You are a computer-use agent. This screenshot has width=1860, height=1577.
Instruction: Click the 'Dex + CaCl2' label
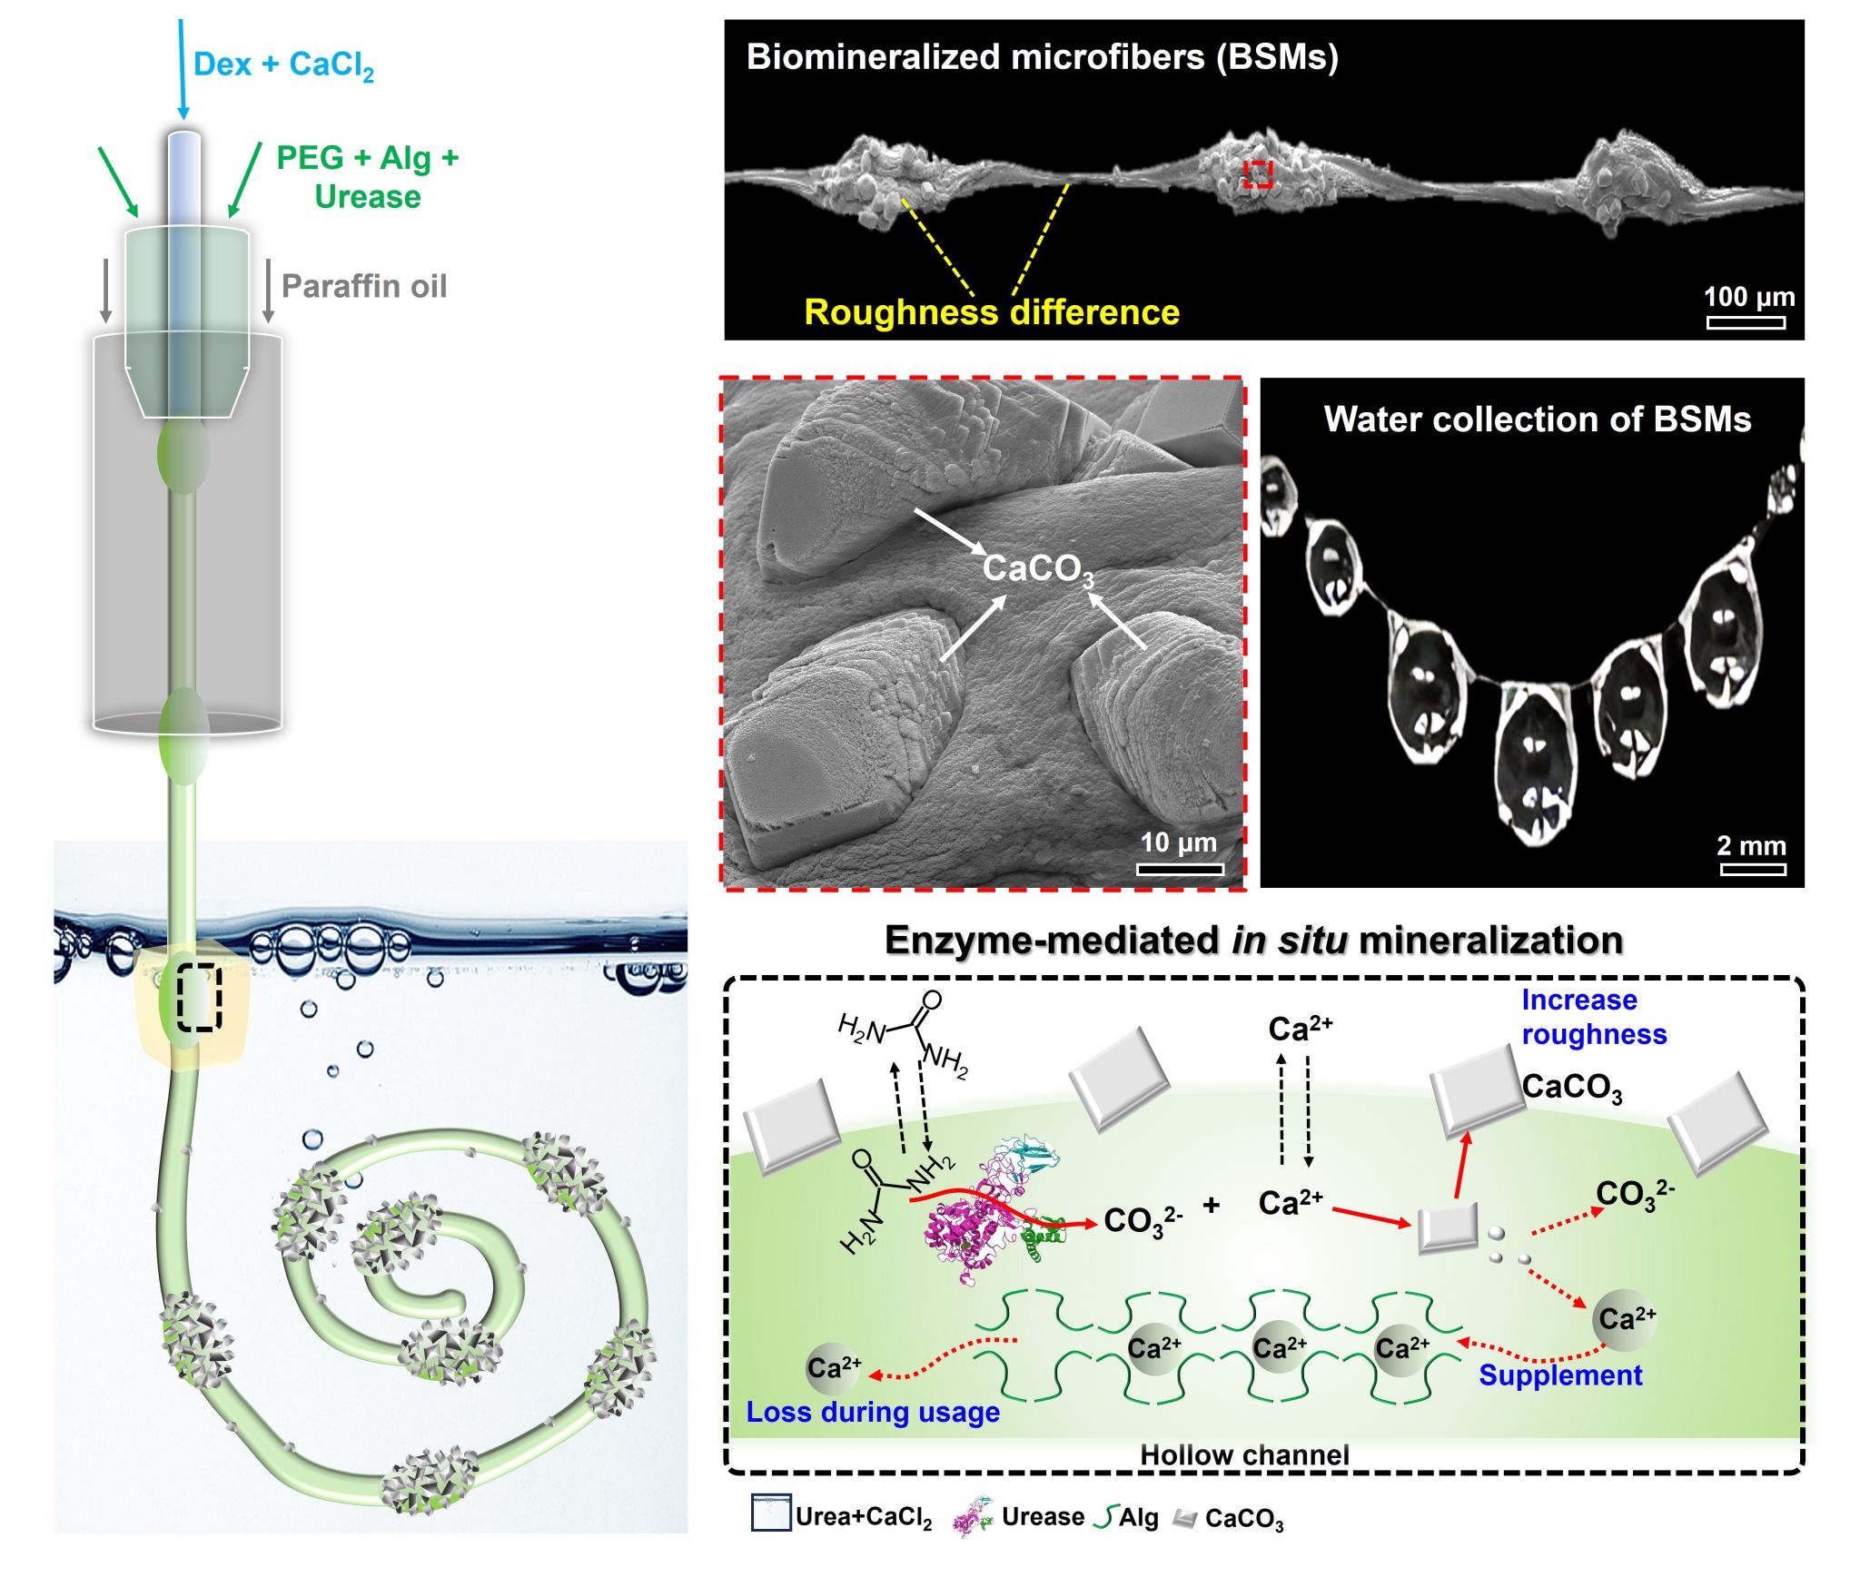tap(283, 65)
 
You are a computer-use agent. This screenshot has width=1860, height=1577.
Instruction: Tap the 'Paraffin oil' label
tap(364, 286)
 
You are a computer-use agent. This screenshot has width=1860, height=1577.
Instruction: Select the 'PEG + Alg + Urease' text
tap(368, 177)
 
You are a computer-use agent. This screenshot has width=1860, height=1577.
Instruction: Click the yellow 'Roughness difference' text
tap(992, 312)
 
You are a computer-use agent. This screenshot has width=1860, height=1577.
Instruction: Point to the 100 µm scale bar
tap(1745, 322)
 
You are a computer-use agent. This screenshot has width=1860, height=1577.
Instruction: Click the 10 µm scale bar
tap(1180, 869)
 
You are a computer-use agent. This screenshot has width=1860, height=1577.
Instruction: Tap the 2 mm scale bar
tap(1752, 869)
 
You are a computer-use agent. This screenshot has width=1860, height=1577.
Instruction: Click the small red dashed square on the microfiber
tap(1258, 174)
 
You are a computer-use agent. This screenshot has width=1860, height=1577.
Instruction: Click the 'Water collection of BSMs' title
tap(1537, 419)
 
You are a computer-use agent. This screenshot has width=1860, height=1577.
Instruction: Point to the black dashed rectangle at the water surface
tap(199, 997)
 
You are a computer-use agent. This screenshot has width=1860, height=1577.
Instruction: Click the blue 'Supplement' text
tap(1560, 1375)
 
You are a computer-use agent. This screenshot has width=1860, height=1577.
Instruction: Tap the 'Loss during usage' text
tap(873, 1412)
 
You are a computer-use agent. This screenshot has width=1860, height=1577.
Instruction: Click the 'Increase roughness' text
tap(1594, 1017)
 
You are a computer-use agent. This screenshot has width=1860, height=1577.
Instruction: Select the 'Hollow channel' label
tap(1244, 1454)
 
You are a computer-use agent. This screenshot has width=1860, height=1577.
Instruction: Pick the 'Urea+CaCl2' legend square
tap(770, 1513)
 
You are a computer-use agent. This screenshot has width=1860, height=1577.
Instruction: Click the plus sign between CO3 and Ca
tap(1212, 1205)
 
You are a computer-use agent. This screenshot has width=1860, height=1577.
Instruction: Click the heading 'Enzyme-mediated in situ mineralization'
tap(1253, 941)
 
